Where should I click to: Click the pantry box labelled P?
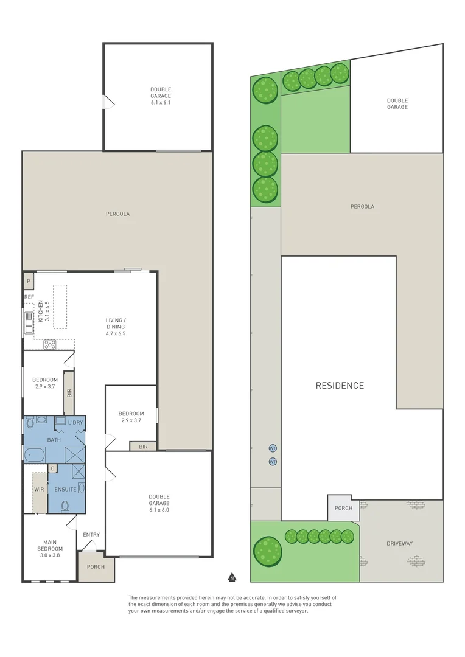[x=28, y=281]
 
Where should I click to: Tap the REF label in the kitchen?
[x=29, y=297]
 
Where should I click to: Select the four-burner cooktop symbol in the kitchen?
[x=50, y=344]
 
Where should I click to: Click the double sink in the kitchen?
[x=28, y=322]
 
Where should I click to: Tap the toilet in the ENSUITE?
[x=65, y=505]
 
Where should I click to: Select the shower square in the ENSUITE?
[x=79, y=472]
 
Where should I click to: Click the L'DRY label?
[x=75, y=422]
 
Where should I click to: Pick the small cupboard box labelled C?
[x=52, y=468]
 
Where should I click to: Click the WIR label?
[x=39, y=488]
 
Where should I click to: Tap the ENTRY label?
[x=91, y=535]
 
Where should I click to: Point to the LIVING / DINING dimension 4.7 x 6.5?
[x=116, y=333]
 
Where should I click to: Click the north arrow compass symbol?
[x=231, y=577]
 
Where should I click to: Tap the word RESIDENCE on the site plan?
[x=340, y=385]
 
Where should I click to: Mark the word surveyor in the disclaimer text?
[x=295, y=611]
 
